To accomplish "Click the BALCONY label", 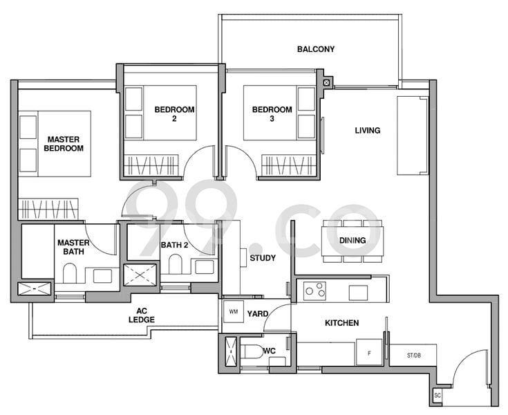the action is [316, 49].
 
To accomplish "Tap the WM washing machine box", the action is [234, 311].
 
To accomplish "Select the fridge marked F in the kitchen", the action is [369, 353].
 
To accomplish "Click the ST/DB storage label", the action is [414, 356].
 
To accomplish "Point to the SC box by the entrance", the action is [438, 395].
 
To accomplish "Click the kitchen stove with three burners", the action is [314, 290].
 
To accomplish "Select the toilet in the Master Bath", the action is [69, 273].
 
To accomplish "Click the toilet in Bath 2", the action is [176, 264].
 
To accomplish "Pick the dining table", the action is [352, 241].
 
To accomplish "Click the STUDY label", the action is [263, 258].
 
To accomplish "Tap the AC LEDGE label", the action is [142, 315].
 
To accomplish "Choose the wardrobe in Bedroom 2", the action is [151, 165].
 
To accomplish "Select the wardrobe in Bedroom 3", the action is [288, 165].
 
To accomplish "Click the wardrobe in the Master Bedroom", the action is [48, 209].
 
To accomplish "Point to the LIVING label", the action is [368, 131].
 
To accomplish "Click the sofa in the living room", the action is [413, 136].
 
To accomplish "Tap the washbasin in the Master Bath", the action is [102, 276].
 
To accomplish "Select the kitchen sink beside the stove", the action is [358, 293].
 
